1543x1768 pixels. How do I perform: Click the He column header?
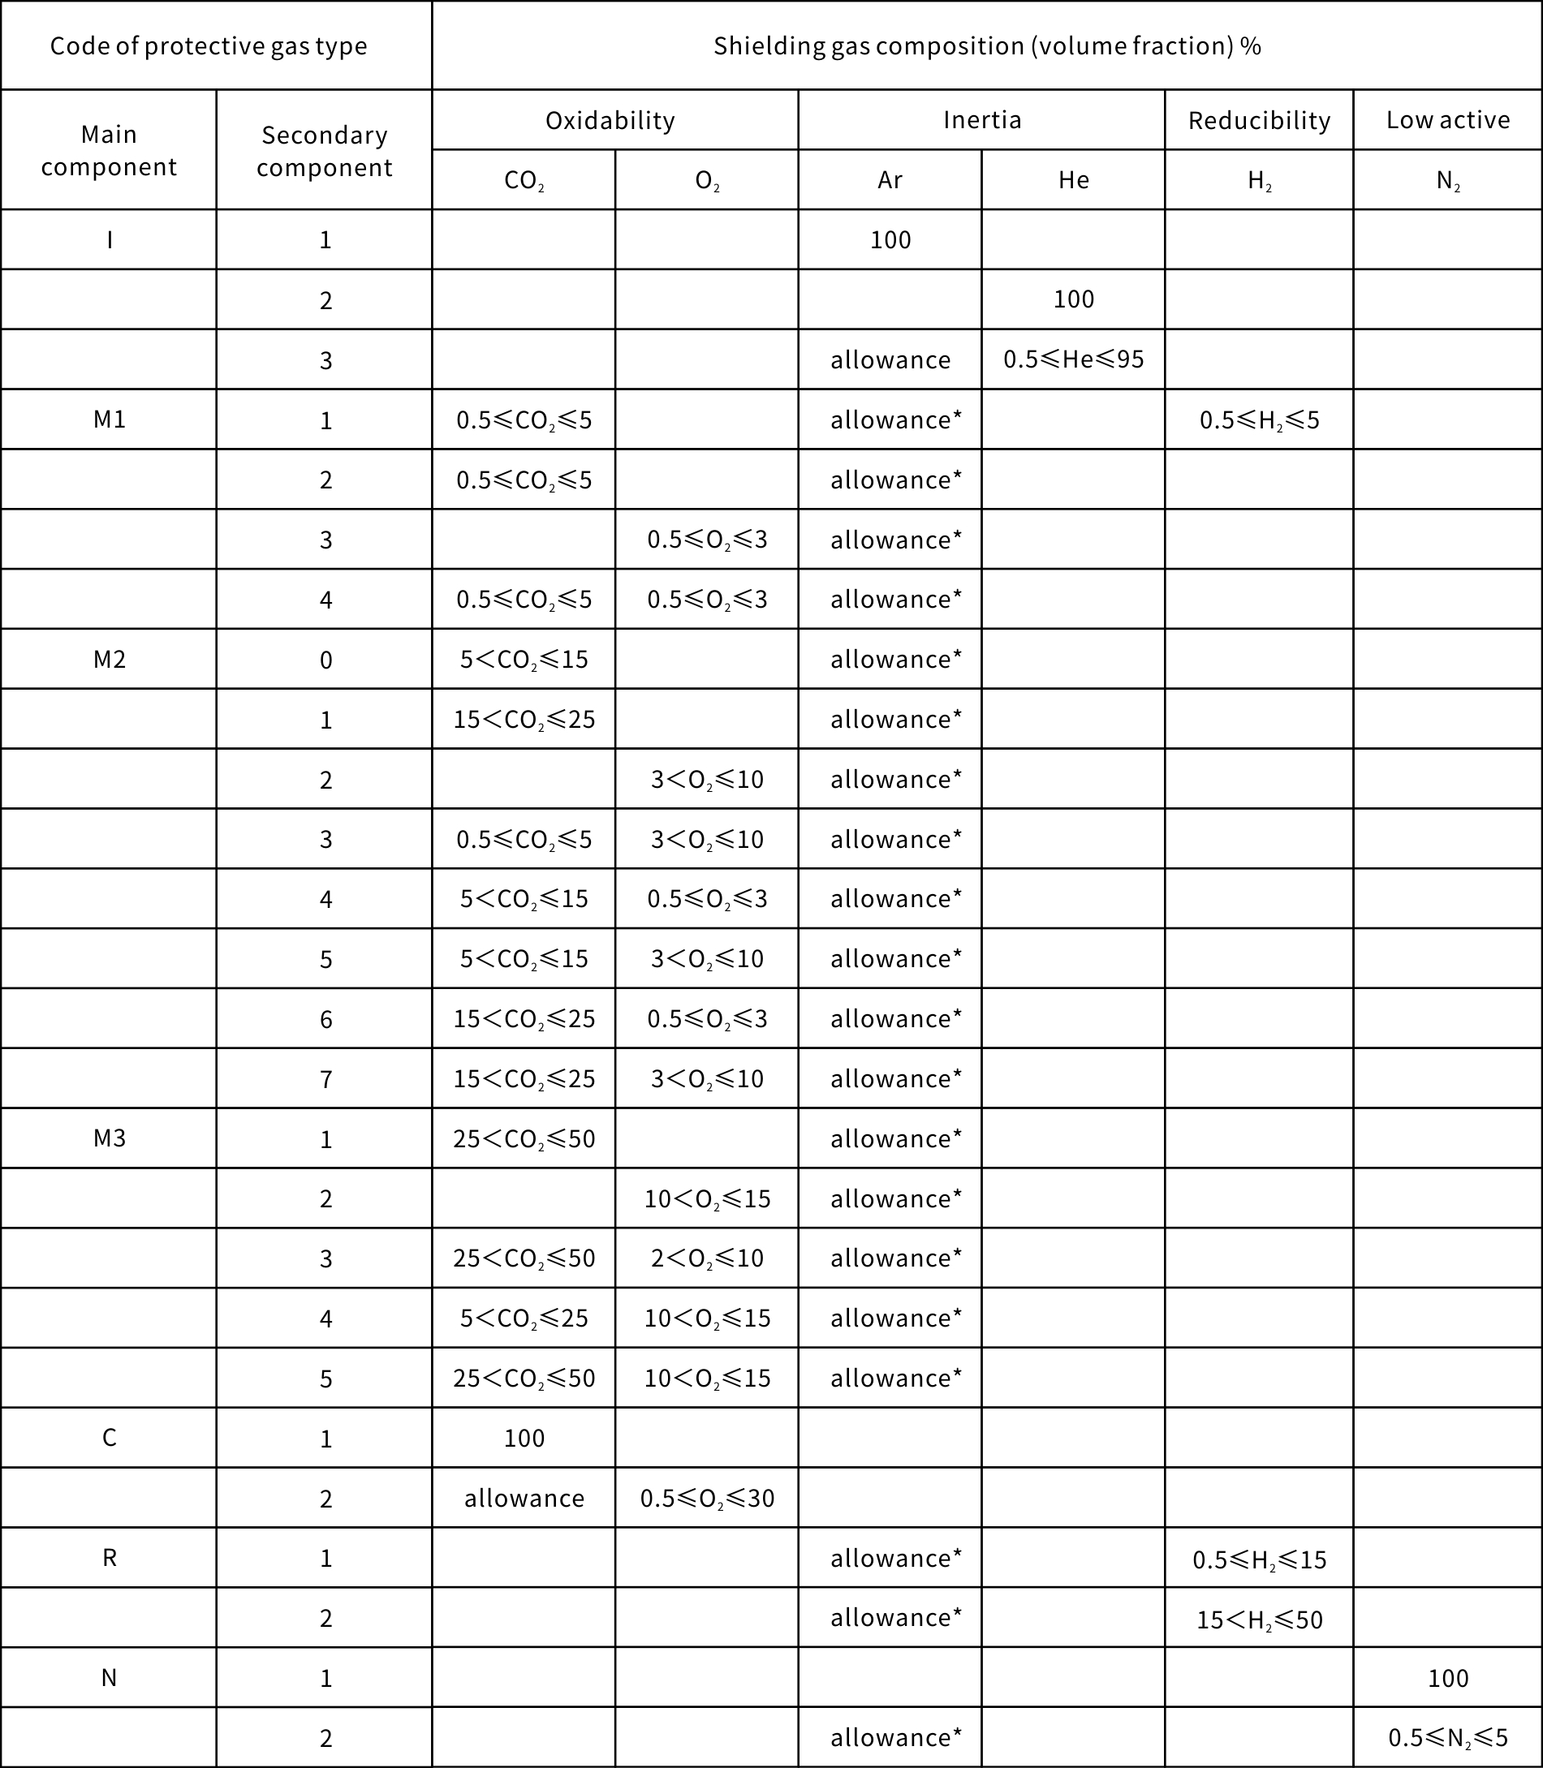1073,180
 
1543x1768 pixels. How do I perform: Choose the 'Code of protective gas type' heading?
209,45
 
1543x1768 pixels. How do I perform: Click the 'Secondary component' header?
324,151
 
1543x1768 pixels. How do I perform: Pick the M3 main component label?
110,1138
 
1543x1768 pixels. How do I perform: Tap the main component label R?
110,1558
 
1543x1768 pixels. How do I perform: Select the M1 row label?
110,419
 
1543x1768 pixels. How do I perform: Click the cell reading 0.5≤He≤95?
1073,359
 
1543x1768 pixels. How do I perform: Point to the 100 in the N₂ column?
1447,1678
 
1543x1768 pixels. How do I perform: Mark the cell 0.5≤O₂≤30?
707,1499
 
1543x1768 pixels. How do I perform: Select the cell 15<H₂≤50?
1259,1619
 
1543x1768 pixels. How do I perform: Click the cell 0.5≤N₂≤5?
1447,1738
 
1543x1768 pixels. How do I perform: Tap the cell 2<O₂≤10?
707,1258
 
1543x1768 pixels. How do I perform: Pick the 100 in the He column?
1073,299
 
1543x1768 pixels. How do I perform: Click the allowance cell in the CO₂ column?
524,1499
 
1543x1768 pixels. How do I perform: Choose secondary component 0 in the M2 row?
325,660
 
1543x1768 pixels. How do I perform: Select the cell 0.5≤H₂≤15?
1259,1559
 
